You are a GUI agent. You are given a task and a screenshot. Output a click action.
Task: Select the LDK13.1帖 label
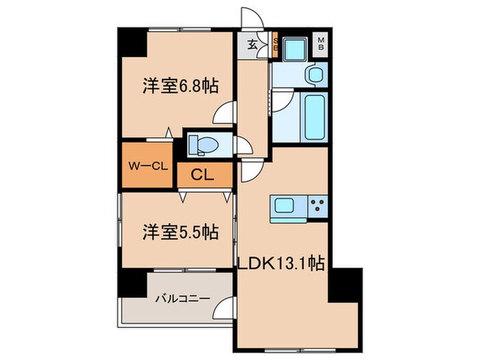click(x=281, y=262)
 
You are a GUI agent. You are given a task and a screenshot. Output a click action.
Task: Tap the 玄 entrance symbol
click(x=252, y=47)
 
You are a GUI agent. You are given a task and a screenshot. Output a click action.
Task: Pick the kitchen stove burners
click(x=318, y=204)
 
